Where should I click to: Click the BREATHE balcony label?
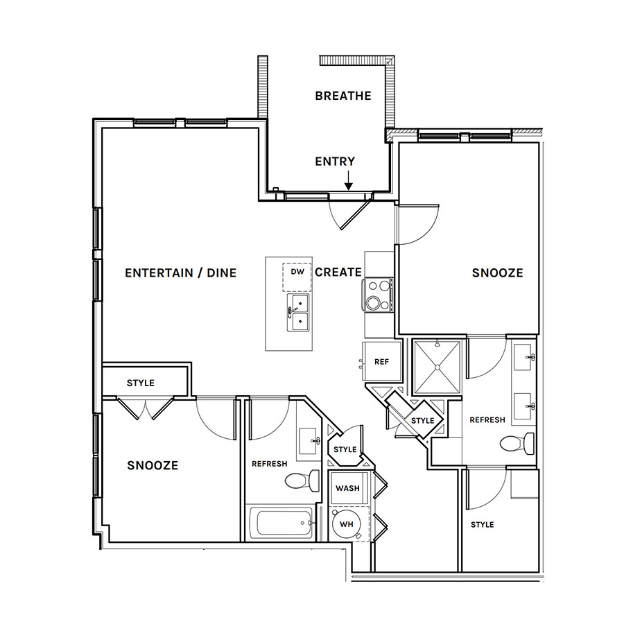(343, 96)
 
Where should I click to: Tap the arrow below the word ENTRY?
(349, 180)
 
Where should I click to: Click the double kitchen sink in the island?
(298, 313)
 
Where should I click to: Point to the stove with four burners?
(378, 295)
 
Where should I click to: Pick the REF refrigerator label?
(381, 362)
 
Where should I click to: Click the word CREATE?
(338, 272)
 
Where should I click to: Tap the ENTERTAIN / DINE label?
(181, 273)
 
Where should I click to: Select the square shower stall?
(437, 367)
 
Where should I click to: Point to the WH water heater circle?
(346, 524)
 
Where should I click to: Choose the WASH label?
(347, 488)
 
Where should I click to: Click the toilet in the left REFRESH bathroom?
(302, 480)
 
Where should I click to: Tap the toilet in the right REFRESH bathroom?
(517, 443)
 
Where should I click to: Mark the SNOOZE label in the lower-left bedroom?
(153, 465)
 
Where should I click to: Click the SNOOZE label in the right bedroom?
(497, 273)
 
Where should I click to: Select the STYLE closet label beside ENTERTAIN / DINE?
(141, 383)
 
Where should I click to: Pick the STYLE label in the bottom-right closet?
(483, 525)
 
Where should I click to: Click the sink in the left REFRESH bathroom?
(309, 441)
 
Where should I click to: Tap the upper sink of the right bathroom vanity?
(523, 357)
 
